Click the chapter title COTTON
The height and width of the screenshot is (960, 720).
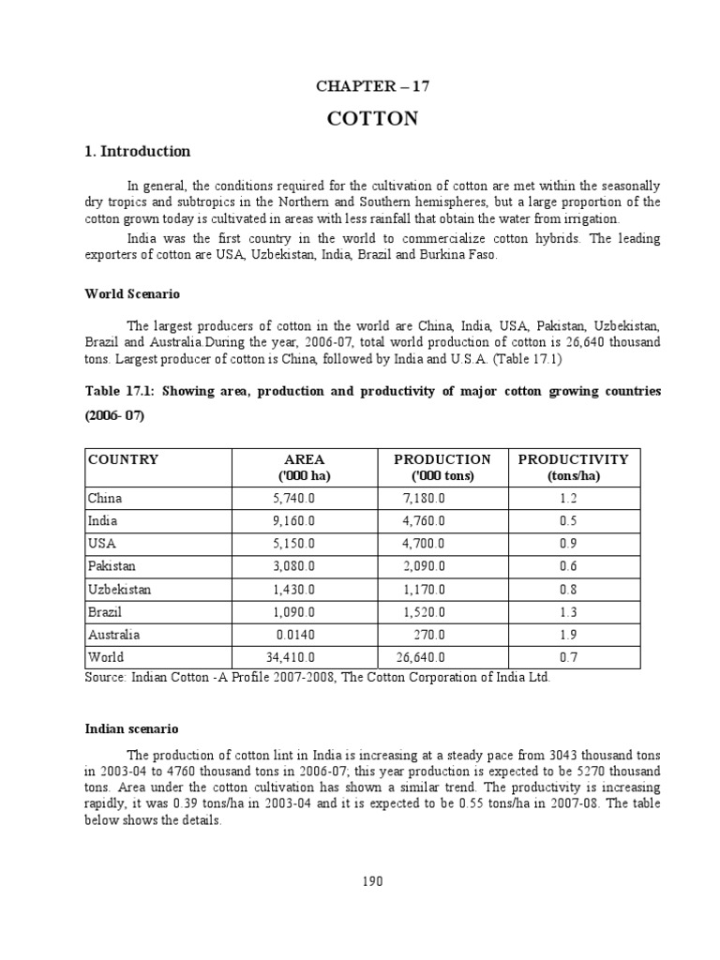coord(372,118)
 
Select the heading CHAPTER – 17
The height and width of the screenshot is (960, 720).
coord(372,86)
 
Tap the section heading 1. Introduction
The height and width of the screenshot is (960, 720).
coord(138,151)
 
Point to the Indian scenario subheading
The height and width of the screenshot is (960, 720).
coord(131,727)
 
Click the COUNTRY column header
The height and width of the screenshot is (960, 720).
coord(123,459)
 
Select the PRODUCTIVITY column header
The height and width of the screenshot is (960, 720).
coord(573,459)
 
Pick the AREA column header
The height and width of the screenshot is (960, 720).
coord(304,459)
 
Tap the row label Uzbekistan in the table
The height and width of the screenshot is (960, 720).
coord(119,590)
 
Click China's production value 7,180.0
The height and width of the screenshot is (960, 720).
coord(424,499)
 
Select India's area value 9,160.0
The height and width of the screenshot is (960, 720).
coord(294,521)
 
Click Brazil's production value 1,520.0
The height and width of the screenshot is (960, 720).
coord(424,612)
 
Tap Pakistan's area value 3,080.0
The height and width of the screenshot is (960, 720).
coord(294,566)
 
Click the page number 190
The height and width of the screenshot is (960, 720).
coord(372,880)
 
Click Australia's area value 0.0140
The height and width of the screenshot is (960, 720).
coord(294,635)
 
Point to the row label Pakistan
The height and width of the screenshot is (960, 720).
coord(112,566)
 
